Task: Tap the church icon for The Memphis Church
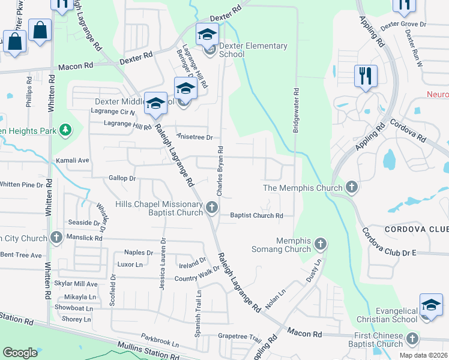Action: pyautogui.click(x=352, y=188)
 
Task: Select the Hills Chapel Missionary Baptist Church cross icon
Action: pyautogui.click(x=211, y=208)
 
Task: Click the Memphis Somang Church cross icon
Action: pyautogui.click(x=321, y=244)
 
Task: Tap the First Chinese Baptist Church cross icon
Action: pyautogui.click(x=412, y=339)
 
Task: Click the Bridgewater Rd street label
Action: pyautogui.click(x=296, y=110)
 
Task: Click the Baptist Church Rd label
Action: pyautogui.click(x=256, y=215)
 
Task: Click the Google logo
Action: pyautogui.click(x=20, y=353)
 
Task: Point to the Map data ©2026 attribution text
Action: pyautogui.click(x=423, y=355)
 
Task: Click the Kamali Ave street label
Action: pyautogui.click(x=72, y=161)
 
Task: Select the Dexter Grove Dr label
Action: pyautogui.click(x=403, y=25)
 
